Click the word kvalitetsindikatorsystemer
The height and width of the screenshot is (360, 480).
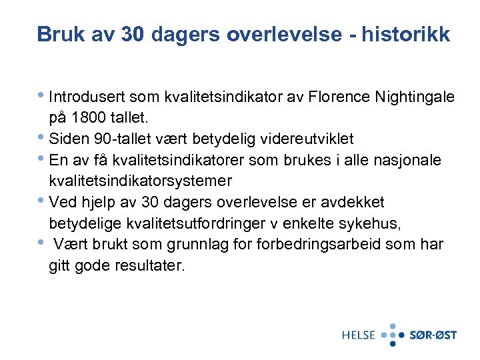(x=141, y=181)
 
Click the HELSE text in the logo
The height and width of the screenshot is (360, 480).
(x=359, y=335)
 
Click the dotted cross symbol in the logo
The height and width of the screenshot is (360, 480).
(x=393, y=334)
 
